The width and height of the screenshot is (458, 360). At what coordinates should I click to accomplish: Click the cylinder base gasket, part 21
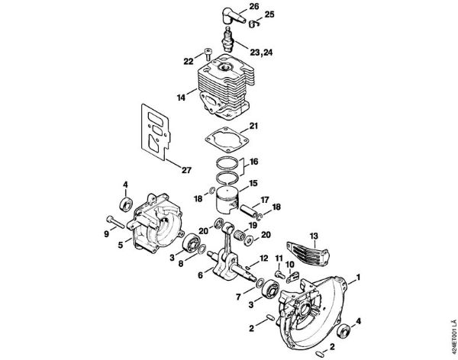(223, 143)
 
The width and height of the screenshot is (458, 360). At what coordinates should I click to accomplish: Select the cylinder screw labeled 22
(207, 53)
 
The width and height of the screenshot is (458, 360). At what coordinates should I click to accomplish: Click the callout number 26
(253, 6)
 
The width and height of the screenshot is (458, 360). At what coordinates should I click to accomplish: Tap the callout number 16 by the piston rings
(254, 162)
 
